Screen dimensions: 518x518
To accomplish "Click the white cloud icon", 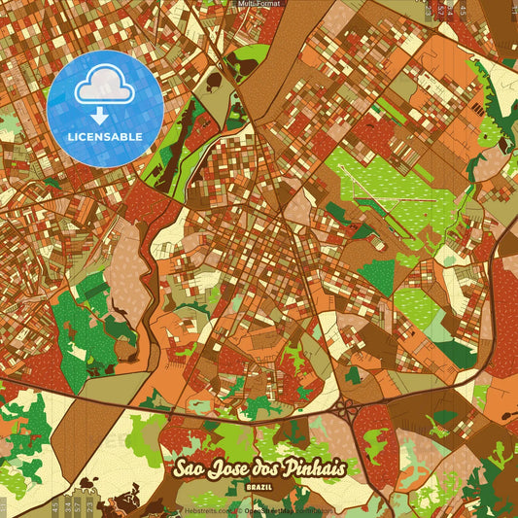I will (x=103, y=86).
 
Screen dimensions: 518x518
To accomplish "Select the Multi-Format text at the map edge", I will (x=259, y=4).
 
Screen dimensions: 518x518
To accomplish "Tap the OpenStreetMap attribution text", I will (x=282, y=510).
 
